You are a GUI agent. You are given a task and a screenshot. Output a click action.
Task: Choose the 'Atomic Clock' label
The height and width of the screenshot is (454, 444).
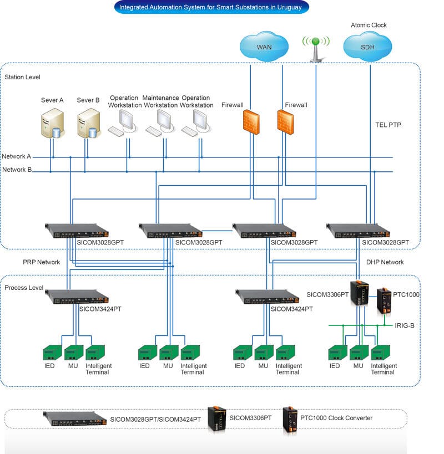pyautogui.click(x=369, y=25)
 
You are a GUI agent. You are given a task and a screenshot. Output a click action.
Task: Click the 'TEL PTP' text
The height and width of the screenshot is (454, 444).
pyautogui.click(x=388, y=125)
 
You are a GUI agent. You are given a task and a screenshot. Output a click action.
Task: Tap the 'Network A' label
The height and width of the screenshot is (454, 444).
pyautogui.click(x=17, y=157)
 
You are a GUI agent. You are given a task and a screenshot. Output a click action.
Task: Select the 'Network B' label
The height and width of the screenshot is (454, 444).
pyautogui.click(x=17, y=170)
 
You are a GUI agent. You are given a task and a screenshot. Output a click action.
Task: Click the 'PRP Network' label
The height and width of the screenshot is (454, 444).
pyautogui.click(x=41, y=262)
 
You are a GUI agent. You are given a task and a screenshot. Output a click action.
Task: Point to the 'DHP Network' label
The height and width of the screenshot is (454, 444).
pyautogui.click(x=385, y=262)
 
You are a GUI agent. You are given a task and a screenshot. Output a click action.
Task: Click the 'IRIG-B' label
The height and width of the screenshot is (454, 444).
pyautogui.click(x=405, y=325)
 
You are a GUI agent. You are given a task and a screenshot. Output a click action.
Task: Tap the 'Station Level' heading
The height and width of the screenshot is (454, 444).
pyautogui.click(x=22, y=77)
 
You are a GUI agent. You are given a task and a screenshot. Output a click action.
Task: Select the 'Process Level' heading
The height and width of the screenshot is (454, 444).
pyautogui.click(x=24, y=288)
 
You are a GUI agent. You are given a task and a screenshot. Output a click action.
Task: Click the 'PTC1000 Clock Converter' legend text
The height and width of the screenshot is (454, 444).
pyautogui.click(x=336, y=418)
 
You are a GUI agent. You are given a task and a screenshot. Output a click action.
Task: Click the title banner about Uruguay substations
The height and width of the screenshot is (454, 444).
pyautogui.click(x=211, y=8)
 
